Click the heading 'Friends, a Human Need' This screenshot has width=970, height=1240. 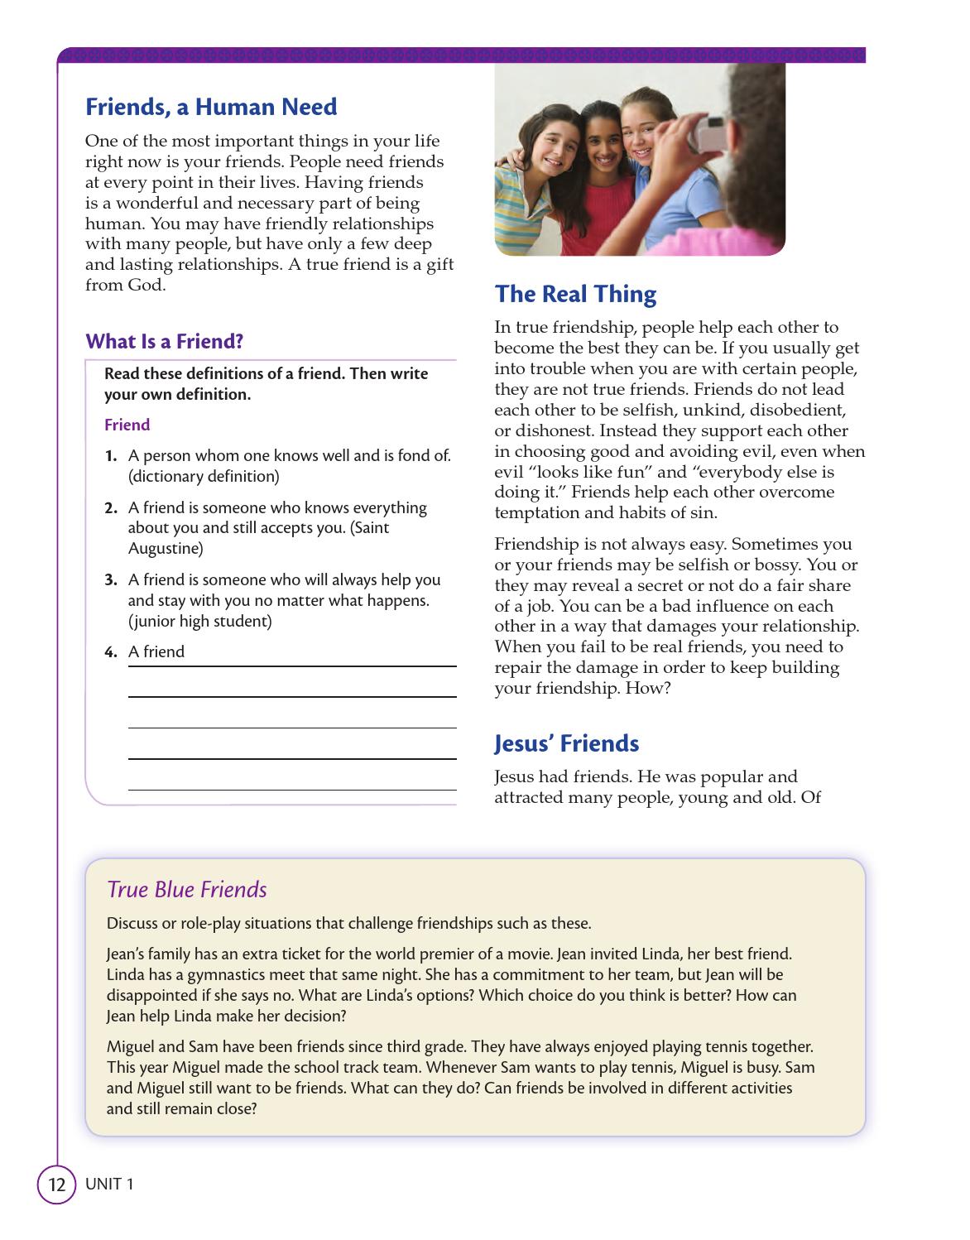(211, 107)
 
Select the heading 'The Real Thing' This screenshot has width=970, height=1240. (575, 294)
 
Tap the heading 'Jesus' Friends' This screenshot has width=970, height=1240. (567, 743)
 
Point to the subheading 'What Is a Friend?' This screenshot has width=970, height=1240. (165, 341)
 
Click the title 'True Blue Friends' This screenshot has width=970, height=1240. (187, 890)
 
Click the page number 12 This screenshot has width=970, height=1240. (56, 1185)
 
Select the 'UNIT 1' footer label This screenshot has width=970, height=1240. (108, 1185)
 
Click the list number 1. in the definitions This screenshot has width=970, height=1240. (111, 456)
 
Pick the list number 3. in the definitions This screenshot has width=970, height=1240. (111, 580)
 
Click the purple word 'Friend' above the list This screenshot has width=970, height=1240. (127, 425)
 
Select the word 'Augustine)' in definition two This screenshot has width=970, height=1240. (165, 548)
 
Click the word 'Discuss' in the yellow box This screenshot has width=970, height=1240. (132, 924)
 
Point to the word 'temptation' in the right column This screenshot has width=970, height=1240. (534, 512)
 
